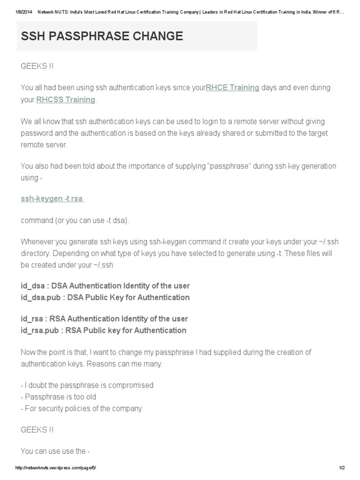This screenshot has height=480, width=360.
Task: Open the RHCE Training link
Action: [x=232, y=87]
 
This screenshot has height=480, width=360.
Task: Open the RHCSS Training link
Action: [x=66, y=99]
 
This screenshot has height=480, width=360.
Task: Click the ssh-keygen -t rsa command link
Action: [x=52, y=198]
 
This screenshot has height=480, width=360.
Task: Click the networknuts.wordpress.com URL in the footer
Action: [x=56, y=468]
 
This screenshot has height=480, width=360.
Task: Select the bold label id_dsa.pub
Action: [x=40, y=297]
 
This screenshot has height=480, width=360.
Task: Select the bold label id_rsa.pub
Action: [x=40, y=330]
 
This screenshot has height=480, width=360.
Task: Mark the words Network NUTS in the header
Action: [x=53, y=5]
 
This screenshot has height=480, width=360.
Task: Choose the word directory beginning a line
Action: [x=35, y=253]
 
